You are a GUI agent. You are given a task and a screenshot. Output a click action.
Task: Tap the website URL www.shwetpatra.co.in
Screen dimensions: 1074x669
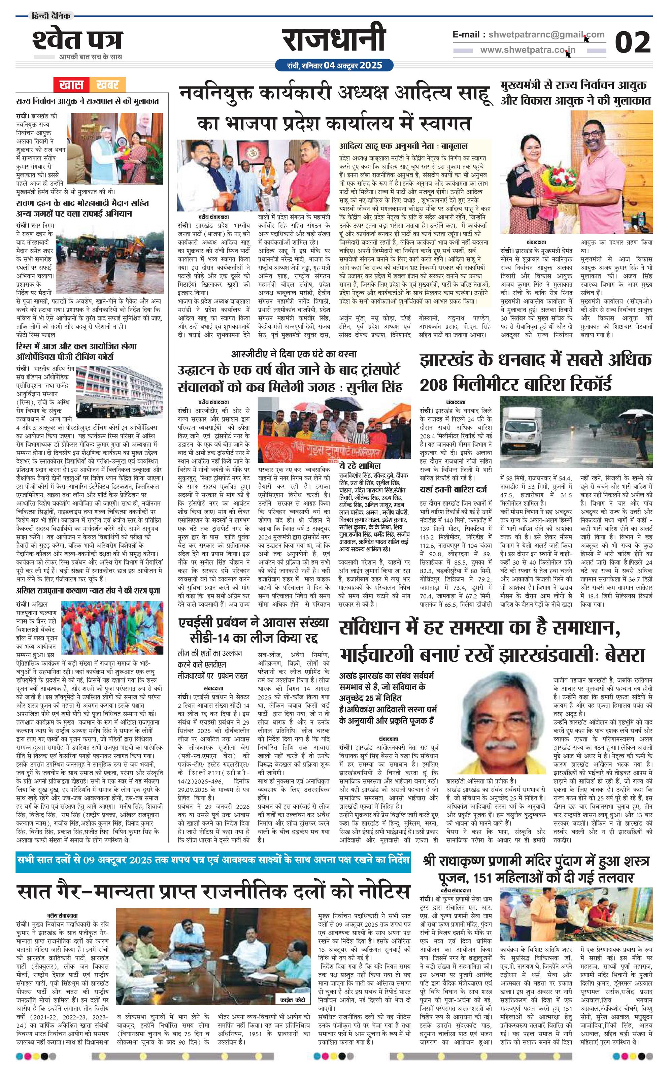528,50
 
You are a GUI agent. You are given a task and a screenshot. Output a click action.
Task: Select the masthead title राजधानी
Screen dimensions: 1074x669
334,41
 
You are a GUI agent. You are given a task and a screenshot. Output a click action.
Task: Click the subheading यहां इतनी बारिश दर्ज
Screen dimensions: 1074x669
453,489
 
